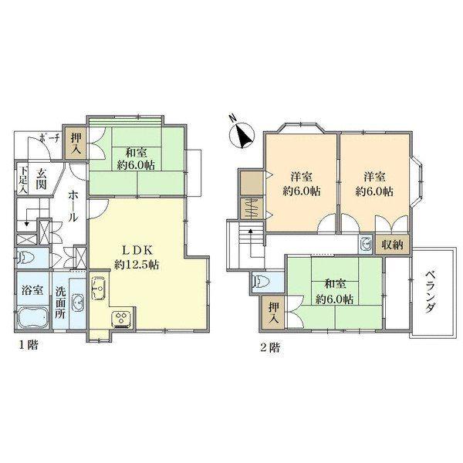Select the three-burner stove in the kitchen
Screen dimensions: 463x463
[x=122, y=319]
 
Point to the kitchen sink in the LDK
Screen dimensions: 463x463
[x=98, y=288]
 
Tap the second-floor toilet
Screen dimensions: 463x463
[x=261, y=282]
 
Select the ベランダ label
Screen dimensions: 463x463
[x=431, y=292]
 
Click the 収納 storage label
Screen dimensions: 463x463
[x=392, y=245]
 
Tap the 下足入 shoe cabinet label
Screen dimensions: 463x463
[x=22, y=180]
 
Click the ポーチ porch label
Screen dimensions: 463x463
[x=49, y=138]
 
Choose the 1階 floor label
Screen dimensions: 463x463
[x=29, y=344]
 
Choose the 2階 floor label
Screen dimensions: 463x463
[x=269, y=347]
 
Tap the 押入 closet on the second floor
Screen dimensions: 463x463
[x=273, y=313]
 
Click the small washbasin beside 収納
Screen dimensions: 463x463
[x=367, y=245]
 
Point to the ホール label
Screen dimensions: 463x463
[x=73, y=206]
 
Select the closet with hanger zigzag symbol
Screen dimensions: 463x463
[x=251, y=208]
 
